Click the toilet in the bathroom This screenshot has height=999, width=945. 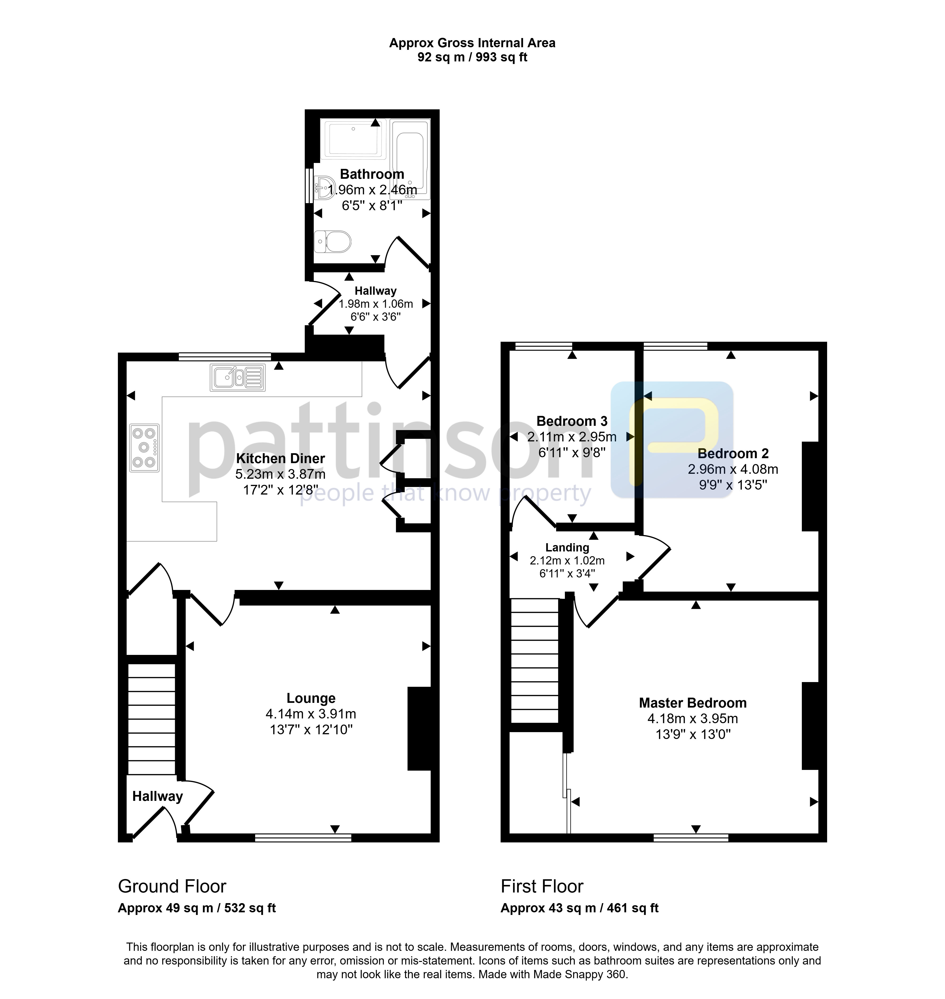click(x=332, y=242)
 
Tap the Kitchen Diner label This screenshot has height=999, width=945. click(x=281, y=458)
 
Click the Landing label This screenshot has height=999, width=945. click(x=567, y=547)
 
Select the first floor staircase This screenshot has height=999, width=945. click(x=535, y=661)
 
